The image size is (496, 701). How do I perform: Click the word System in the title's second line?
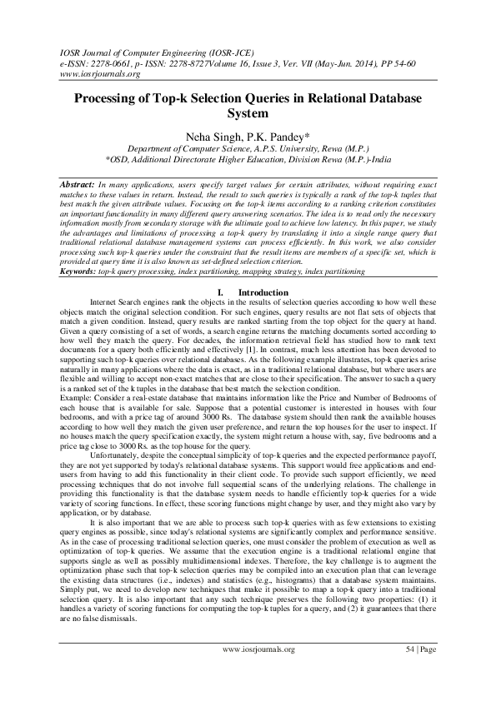pyautogui.click(x=248, y=113)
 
